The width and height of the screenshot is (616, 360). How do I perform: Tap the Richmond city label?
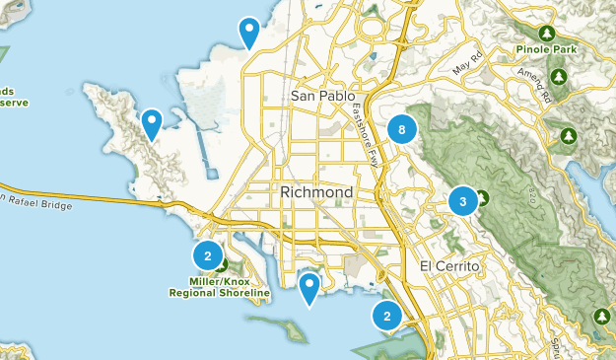(316, 190)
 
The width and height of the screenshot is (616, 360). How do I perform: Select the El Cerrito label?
(448, 267)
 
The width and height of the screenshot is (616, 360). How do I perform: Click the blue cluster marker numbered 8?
(401, 128)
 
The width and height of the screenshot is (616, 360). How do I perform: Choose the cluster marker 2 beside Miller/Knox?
(208, 255)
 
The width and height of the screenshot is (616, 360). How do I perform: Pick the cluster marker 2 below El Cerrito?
(386, 316)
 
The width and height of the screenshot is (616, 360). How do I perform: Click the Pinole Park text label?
(545, 47)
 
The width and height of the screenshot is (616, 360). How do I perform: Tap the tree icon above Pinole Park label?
(544, 30)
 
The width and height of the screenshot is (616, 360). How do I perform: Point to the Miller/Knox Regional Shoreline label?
(219, 287)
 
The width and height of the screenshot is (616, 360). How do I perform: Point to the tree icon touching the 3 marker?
(482, 196)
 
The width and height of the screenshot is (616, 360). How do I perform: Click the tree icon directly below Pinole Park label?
(560, 76)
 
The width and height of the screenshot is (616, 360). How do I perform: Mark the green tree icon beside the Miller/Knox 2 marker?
(222, 264)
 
